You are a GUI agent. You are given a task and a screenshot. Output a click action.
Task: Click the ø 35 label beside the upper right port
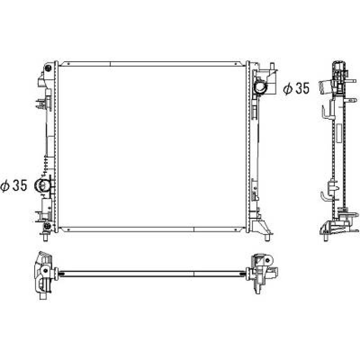296,88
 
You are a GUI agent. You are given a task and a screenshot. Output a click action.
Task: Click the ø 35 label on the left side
14,186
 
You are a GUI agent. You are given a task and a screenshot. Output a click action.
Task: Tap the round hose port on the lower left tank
42,185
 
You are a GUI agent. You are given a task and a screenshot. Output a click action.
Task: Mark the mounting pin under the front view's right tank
268,238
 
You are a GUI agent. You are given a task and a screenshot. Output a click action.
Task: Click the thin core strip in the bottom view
151,274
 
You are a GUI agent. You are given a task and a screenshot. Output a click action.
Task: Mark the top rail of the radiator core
151,64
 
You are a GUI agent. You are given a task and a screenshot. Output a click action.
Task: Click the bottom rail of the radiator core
151,229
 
